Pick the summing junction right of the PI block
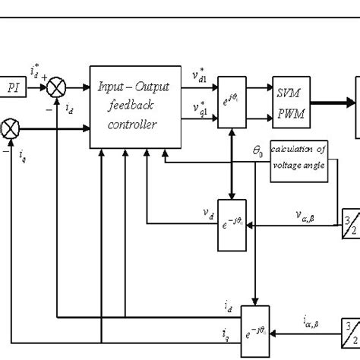(x=58, y=88)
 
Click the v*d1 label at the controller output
(x=200, y=78)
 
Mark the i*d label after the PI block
(x=36, y=74)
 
